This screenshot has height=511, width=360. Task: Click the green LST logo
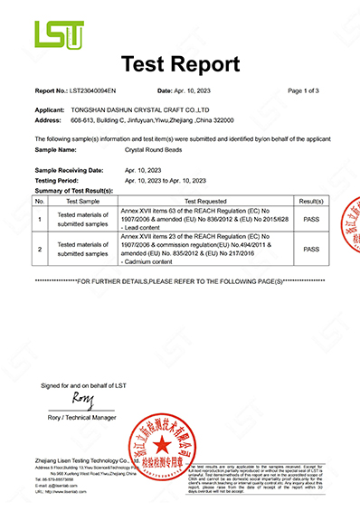click(x=59, y=35)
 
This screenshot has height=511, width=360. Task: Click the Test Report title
click(x=180, y=65)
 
